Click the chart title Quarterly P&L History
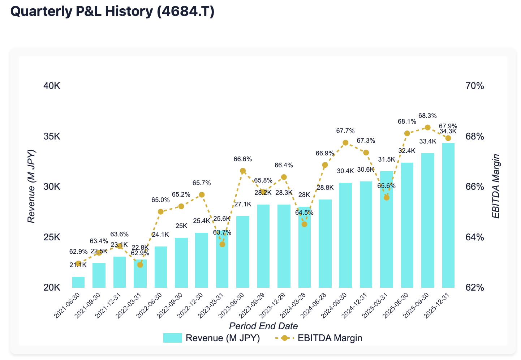click(x=112, y=12)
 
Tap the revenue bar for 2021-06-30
click(x=78, y=282)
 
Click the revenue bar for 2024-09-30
click(x=345, y=235)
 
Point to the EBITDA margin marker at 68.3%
click(x=428, y=127)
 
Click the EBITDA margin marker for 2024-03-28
click(x=304, y=224)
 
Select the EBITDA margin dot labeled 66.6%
click(x=243, y=171)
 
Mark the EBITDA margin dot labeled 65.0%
click(x=161, y=211)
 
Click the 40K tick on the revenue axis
click(x=52, y=86)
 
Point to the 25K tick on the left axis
click(x=52, y=237)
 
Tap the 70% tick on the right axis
click(x=474, y=86)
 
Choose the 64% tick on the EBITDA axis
click(x=474, y=237)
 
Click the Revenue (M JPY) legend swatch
click(x=172, y=338)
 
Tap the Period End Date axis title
click(x=263, y=326)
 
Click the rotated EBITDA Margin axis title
click(x=496, y=187)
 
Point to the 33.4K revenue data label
click(x=428, y=141)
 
